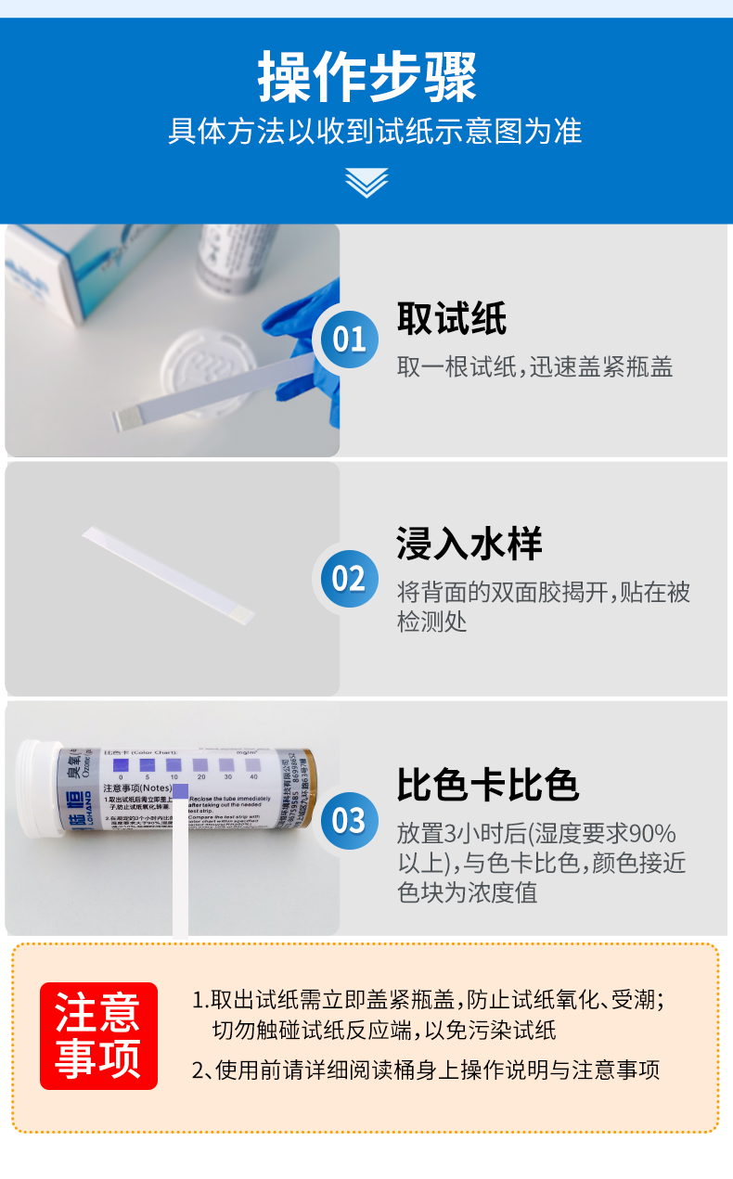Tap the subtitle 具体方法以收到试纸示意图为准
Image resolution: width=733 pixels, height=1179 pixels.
(x=375, y=131)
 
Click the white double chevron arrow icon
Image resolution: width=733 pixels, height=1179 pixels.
(x=366, y=182)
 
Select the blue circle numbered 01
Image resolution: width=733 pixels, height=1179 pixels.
(x=349, y=340)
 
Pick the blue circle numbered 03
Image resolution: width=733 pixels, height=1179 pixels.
(x=349, y=820)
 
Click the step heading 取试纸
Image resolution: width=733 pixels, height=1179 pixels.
(x=452, y=318)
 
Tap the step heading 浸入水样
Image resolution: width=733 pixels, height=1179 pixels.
(x=469, y=544)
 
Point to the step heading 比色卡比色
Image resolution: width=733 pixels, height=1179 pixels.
(x=488, y=785)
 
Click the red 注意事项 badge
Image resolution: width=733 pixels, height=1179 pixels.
(x=98, y=1035)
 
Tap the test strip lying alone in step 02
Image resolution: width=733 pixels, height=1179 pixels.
(x=167, y=575)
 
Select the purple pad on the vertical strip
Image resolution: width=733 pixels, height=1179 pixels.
(x=180, y=791)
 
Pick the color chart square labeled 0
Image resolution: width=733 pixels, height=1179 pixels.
(x=120, y=764)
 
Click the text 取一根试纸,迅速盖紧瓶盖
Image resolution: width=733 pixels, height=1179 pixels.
(x=534, y=367)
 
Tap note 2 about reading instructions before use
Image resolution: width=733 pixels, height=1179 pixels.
(x=426, y=1070)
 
